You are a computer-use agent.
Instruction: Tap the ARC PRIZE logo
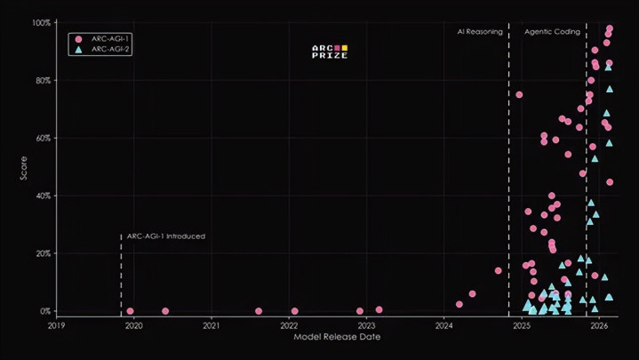click(330, 52)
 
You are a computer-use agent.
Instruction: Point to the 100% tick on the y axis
click(43, 22)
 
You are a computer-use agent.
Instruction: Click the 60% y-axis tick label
click(44, 138)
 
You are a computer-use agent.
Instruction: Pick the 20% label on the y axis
click(44, 253)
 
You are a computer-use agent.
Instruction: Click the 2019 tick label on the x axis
click(56, 326)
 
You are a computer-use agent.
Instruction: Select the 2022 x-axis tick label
click(289, 326)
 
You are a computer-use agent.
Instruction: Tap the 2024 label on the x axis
click(444, 326)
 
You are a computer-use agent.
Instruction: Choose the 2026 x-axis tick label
click(600, 326)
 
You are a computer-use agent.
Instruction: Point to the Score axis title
click(24, 166)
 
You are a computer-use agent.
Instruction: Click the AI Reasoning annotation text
click(480, 32)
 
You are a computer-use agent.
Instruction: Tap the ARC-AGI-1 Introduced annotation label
click(166, 236)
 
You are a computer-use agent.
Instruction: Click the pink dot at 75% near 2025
click(519, 95)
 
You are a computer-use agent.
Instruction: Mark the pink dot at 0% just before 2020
click(131, 311)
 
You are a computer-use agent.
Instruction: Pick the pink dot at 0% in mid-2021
click(259, 311)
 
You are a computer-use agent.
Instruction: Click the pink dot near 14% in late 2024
click(498, 270)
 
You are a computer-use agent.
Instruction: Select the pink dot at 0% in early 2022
click(294, 311)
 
